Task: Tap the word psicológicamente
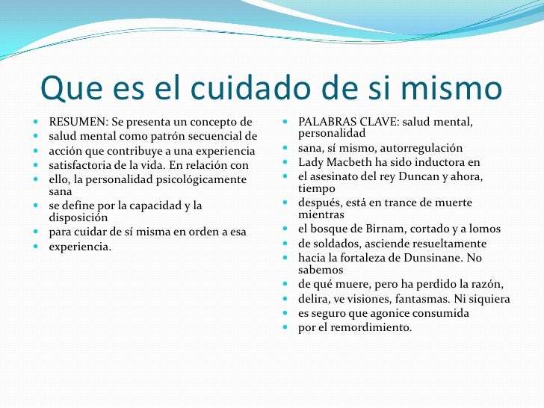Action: pos(198,179)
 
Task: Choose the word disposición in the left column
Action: pos(77,217)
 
